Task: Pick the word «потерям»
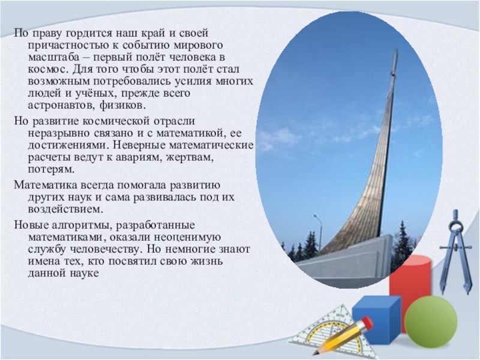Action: [x=52, y=170]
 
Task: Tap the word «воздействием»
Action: [x=65, y=209]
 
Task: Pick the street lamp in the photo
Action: [x=319, y=233]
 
